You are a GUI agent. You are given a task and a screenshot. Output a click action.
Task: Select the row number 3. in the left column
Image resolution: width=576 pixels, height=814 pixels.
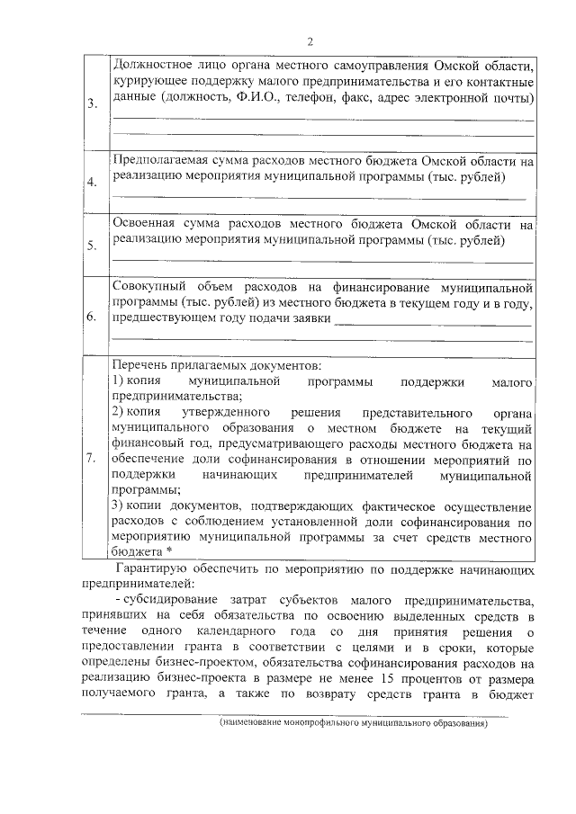(x=93, y=104)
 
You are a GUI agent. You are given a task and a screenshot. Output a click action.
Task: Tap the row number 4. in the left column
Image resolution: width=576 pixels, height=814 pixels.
(x=92, y=183)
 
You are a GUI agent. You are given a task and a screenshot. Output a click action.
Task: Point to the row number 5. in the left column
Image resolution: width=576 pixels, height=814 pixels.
(x=92, y=245)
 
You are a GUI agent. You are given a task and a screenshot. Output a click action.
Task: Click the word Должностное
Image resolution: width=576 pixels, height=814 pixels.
(x=157, y=66)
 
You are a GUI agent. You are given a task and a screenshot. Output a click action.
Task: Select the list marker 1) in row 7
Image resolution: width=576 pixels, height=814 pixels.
(x=119, y=382)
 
